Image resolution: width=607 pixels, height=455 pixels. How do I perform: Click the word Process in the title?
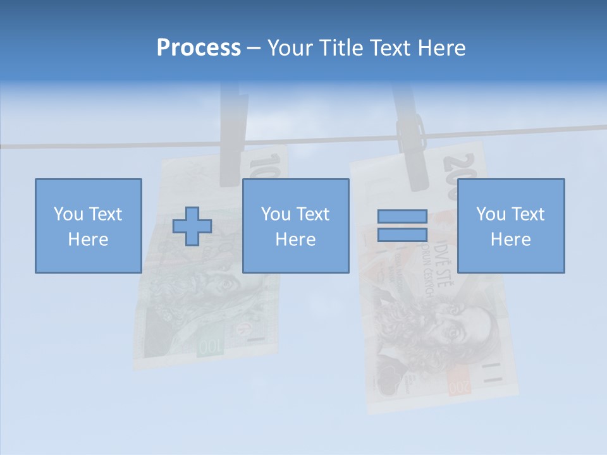199,48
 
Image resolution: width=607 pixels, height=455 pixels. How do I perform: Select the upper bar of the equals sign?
402,217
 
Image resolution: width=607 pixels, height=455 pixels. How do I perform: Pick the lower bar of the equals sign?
402,234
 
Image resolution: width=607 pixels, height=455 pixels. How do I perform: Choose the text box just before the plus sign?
88,226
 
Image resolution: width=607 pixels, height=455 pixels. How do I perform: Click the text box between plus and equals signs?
295,226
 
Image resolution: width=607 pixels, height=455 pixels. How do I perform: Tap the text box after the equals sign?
510,226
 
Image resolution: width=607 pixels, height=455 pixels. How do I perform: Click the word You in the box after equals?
491,214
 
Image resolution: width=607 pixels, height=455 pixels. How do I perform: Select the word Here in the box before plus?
88,239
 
